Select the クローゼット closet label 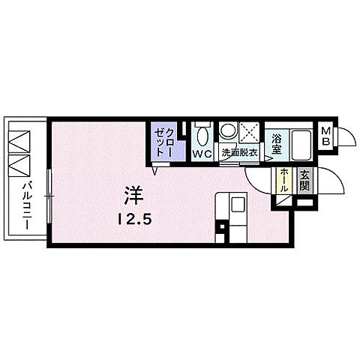(165, 140)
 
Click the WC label (202, 154)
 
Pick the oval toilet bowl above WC (202, 135)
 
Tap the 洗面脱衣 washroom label (238, 154)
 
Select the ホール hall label (285, 182)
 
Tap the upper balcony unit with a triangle (18, 139)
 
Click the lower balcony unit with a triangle (18, 163)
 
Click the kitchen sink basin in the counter (237, 205)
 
